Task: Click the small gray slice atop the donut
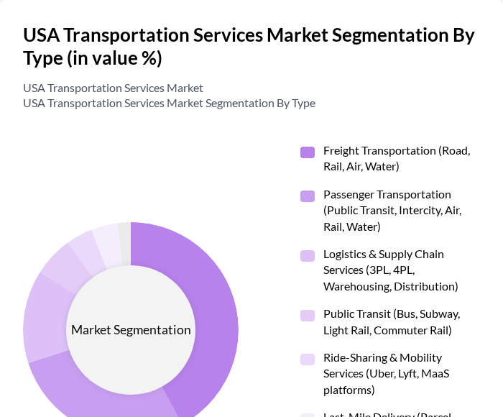tap(124, 234)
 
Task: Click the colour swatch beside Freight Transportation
tap(308, 152)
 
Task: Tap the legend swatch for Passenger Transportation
tap(308, 196)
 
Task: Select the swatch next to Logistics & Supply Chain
tap(308, 255)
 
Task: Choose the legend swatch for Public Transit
tap(308, 315)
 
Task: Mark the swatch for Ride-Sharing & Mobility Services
tap(308, 359)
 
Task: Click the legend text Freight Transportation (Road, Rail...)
tap(396, 158)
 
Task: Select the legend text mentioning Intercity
tap(393, 211)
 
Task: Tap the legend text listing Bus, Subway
tap(391, 322)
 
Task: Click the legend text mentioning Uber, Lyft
tap(386, 374)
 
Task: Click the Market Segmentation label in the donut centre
tap(131, 330)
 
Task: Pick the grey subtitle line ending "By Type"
tap(169, 103)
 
